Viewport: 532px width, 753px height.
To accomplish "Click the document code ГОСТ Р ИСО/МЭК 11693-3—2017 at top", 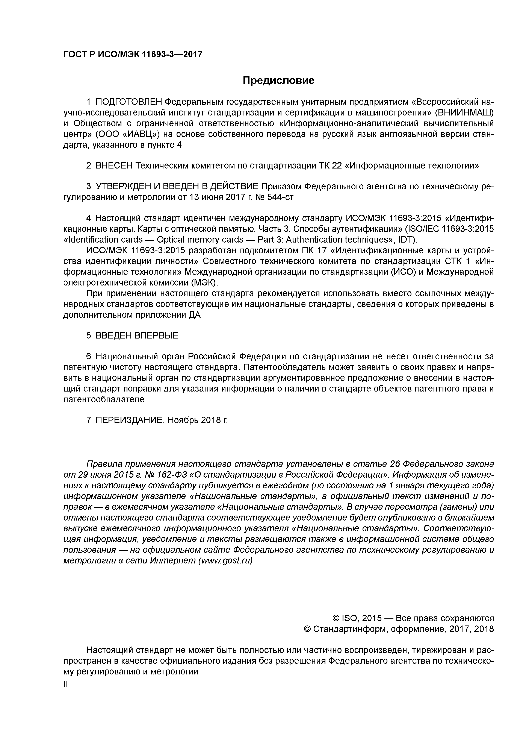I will (133, 55).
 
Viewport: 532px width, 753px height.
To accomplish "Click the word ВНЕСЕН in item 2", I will (114, 166).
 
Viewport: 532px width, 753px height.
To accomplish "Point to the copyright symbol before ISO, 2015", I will (336, 619).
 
